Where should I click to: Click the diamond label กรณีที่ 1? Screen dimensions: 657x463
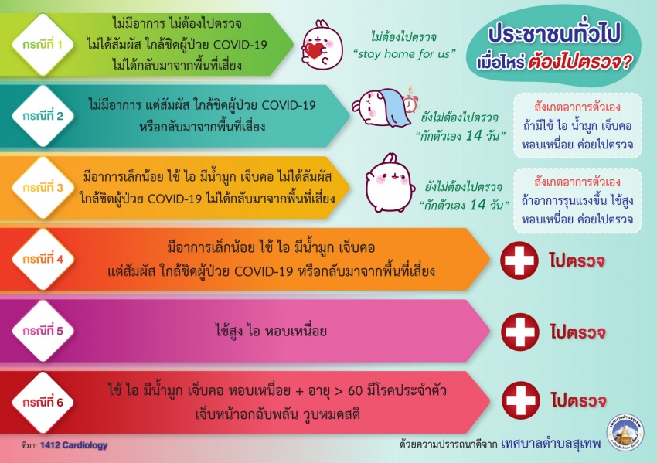tap(43, 44)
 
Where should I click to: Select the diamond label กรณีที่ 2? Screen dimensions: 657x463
tap(43, 116)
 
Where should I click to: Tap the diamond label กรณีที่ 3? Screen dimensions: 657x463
tap(43, 187)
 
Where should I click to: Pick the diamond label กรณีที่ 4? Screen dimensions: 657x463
tap(43, 260)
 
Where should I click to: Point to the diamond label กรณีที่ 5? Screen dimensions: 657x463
tap(43, 331)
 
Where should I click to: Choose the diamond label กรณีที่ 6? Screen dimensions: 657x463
tap(43, 402)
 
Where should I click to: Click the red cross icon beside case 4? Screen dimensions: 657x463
tap(519, 260)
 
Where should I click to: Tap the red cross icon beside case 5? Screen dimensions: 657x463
tap(520, 332)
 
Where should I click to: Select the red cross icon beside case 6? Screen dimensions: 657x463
tap(521, 400)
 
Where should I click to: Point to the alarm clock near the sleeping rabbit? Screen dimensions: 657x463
tap(410, 100)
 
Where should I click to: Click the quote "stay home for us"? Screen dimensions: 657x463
tap(404, 53)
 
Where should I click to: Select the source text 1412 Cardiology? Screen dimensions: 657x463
tap(73, 445)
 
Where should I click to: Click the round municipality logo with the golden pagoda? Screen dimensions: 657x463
tap(625, 434)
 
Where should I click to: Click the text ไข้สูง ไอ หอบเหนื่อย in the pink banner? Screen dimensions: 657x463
tap(271, 330)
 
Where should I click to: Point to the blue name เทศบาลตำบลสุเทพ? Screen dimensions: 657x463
tap(550, 444)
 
